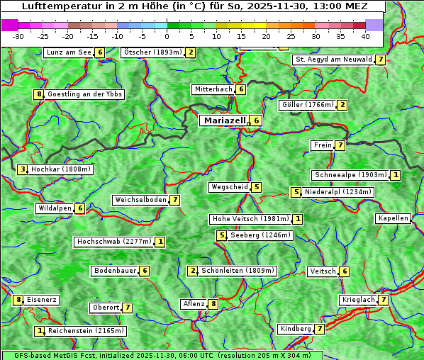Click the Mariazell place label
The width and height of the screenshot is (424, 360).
pos(225,120)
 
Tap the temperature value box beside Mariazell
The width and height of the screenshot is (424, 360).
pos(256,120)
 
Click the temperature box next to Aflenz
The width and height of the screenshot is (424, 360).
pos(213,304)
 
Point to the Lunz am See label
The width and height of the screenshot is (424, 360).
pos(69,52)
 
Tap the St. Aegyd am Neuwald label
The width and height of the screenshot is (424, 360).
pos(333,60)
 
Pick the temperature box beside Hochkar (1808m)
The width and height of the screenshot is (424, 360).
pos(23,169)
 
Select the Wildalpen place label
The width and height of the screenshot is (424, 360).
pos(55,208)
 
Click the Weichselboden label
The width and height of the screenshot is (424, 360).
pos(140,200)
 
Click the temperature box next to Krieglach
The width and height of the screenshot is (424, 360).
pos(383,300)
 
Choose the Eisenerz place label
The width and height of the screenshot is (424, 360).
pos(41,300)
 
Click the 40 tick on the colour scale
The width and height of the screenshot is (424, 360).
pos(365,35)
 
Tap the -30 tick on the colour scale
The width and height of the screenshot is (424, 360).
pos(18,35)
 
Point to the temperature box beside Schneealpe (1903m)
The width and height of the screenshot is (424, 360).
pos(396,175)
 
